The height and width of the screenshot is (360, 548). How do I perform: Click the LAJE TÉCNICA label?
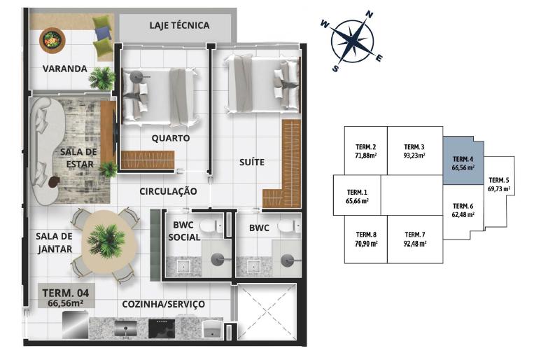click(x=179, y=25)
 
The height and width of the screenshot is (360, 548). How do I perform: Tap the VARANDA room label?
click(x=64, y=69)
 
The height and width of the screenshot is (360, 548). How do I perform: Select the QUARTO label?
click(x=171, y=138)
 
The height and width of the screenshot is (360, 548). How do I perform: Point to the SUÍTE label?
click(x=252, y=162)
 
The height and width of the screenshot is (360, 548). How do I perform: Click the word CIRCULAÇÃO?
click(x=168, y=191)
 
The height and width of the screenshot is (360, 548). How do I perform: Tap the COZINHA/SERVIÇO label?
click(x=164, y=304)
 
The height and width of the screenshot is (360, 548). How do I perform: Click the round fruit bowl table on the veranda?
click(x=52, y=40)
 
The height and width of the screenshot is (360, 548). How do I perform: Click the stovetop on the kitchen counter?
click(x=162, y=328)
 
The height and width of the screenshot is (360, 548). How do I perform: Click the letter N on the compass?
click(x=369, y=14)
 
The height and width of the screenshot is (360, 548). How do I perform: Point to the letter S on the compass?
click(x=335, y=68)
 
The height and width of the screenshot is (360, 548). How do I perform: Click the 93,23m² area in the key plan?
click(x=414, y=155)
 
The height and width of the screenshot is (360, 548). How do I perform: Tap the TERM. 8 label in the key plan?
click(x=366, y=235)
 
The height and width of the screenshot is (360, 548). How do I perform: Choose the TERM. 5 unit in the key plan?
click(x=499, y=193)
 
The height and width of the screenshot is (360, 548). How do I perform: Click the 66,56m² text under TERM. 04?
click(x=65, y=303)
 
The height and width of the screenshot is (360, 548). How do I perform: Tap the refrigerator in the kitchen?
click(x=75, y=325)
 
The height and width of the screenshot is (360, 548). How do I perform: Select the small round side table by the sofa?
click(x=54, y=181)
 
